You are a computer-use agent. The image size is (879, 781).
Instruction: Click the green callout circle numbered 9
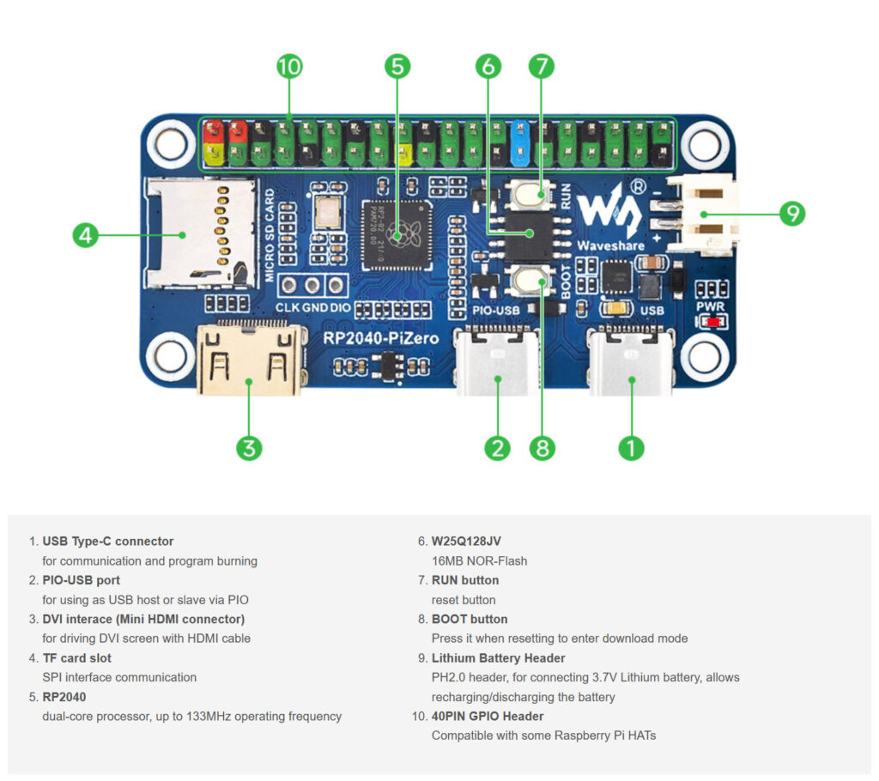tap(791, 214)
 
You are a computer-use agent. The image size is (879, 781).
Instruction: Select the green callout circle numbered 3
tap(249, 447)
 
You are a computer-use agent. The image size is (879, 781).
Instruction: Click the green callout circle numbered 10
tap(289, 66)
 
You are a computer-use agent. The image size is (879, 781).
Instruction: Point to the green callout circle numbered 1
tap(631, 447)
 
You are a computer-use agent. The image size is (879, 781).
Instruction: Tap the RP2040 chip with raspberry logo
tap(396, 233)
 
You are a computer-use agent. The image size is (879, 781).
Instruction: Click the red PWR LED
tap(712, 322)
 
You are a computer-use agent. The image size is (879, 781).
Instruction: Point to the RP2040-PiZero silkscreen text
tap(380, 338)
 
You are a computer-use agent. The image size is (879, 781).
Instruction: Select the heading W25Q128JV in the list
tap(466, 542)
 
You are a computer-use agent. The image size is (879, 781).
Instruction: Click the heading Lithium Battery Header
tap(498, 658)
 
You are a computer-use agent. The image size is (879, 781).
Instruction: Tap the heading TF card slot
tap(76, 658)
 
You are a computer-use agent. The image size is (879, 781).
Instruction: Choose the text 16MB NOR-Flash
tap(479, 561)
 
